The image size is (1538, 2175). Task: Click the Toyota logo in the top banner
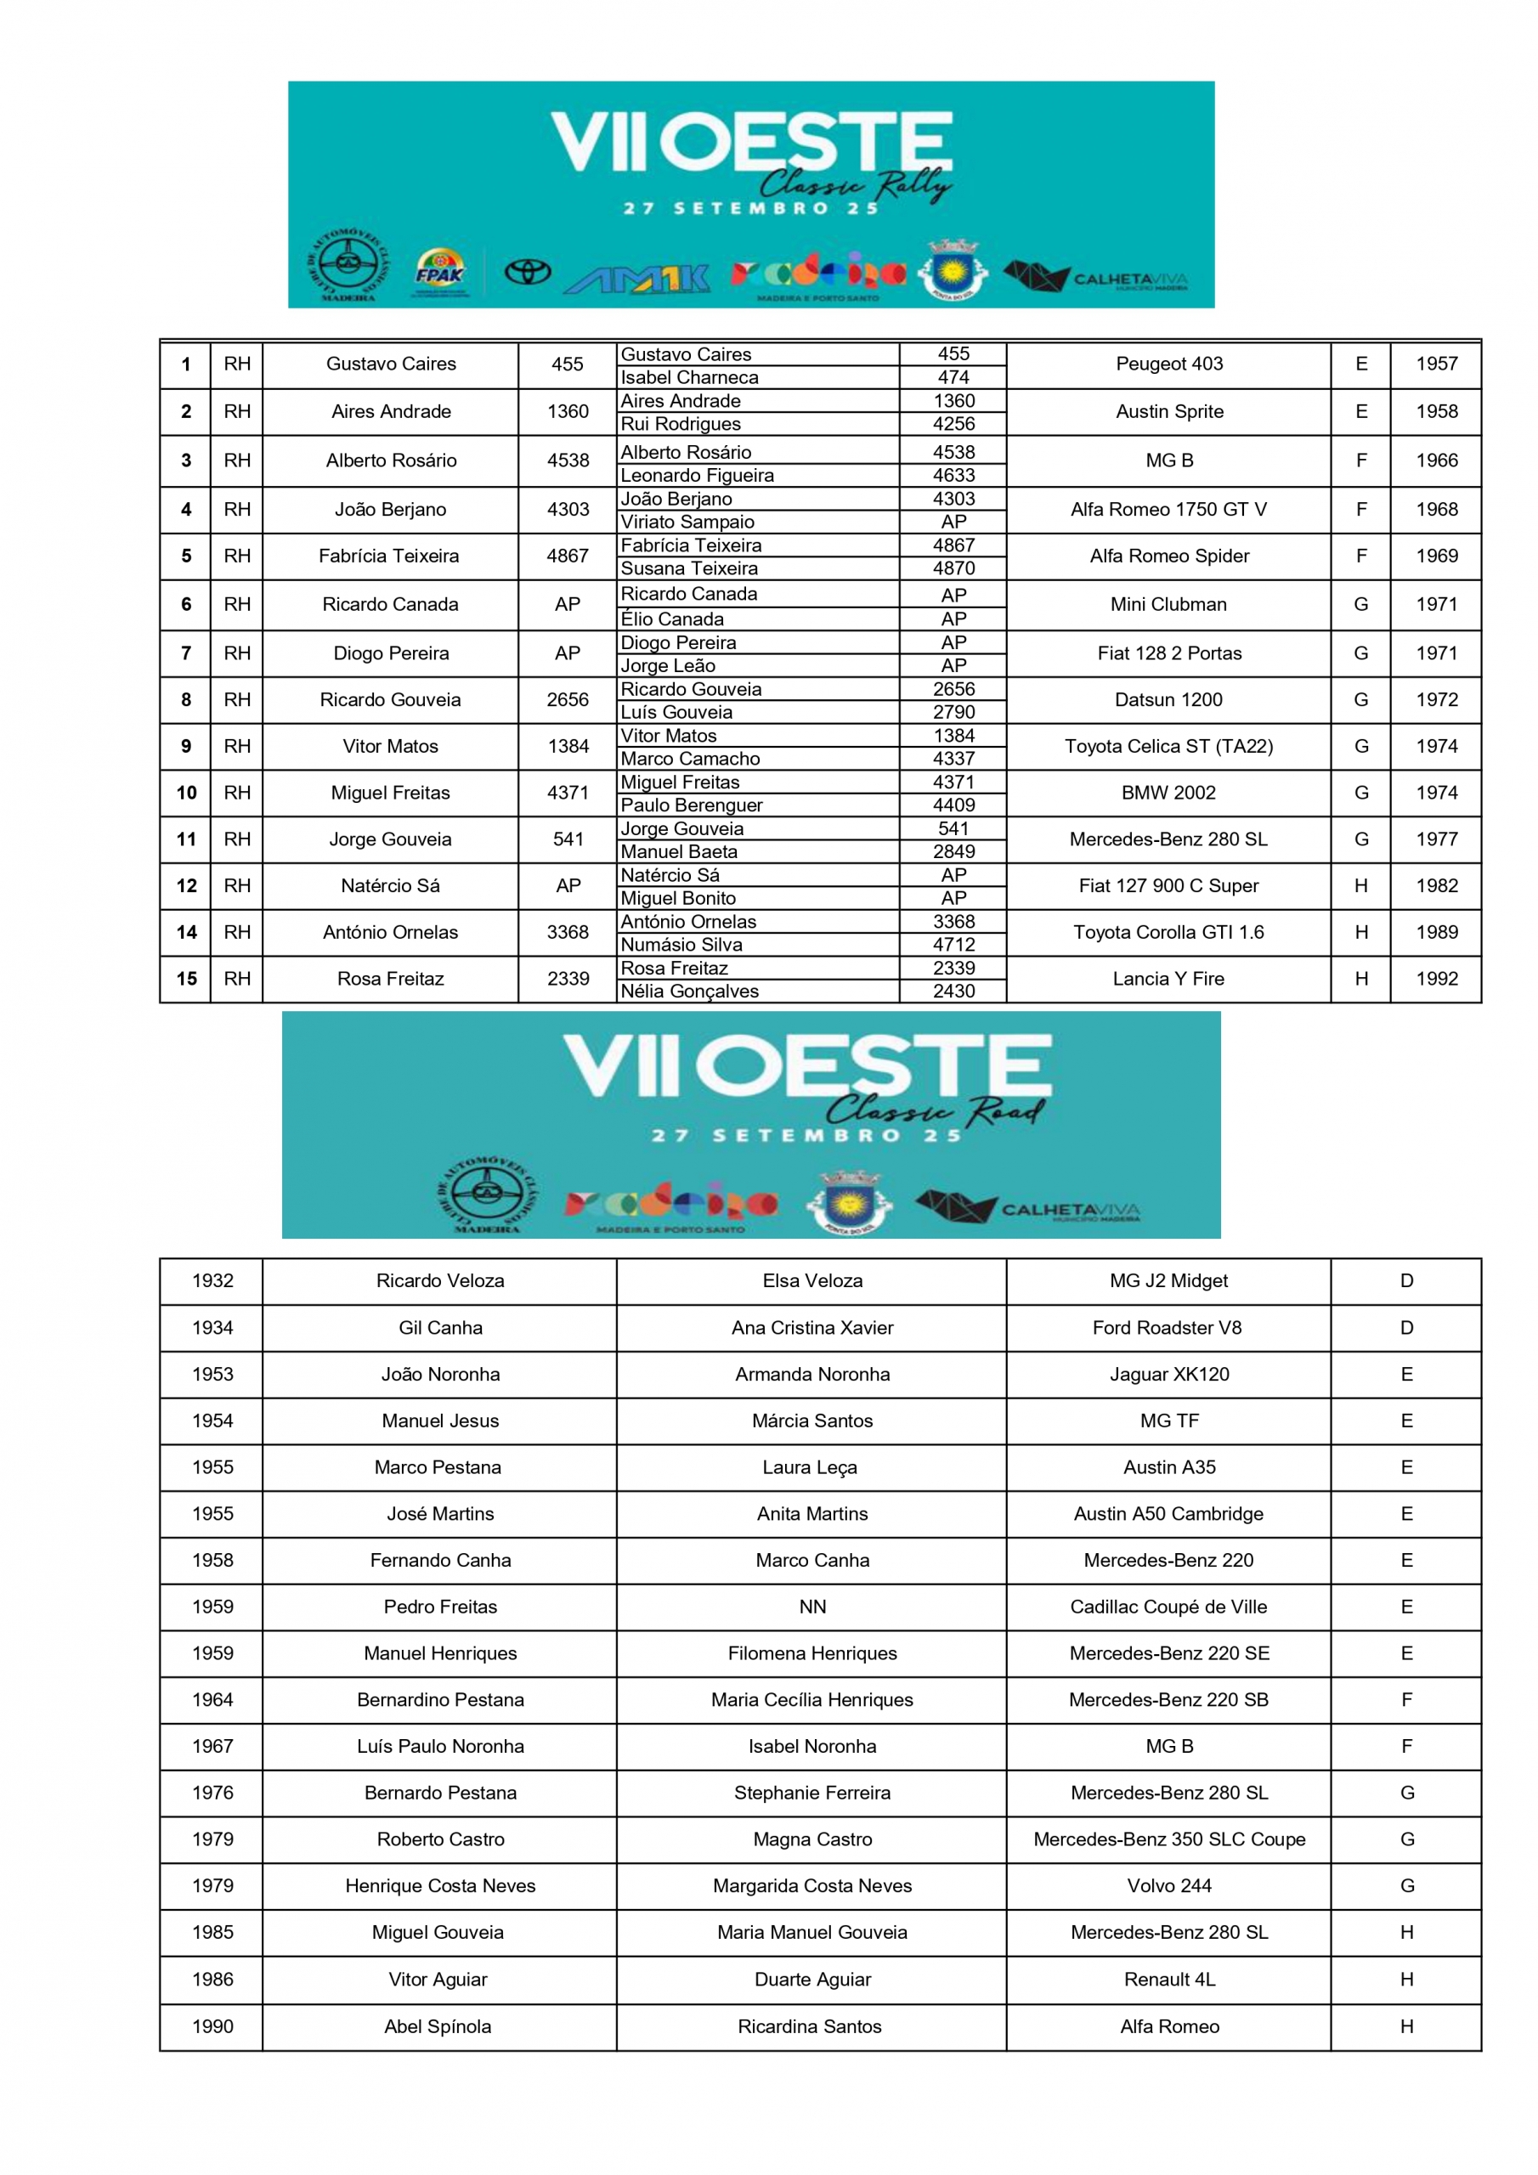coord(527,273)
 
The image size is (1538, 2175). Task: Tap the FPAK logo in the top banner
coord(439,273)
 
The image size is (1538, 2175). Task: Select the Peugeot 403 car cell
coord(1168,364)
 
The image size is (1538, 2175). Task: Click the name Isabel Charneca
coord(689,377)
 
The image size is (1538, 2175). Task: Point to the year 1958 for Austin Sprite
coord(1436,411)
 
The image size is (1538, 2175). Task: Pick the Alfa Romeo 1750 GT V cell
coord(1168,510)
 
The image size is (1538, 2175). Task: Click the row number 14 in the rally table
coord(187,932)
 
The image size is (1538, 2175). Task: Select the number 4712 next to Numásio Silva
coord(953,945)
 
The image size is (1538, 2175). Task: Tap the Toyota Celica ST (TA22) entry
coord(1168,747)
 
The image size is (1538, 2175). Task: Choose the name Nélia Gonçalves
coord(689,991)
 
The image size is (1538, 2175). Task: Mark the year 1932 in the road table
coord(212,1280)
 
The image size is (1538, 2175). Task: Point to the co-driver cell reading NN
coord(812,1607)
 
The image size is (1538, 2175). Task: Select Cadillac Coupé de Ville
coord(1168,1607)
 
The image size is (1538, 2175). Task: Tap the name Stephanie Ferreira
coord(812,1793)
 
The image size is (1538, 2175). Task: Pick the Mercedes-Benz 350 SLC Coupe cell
coord(1168,1839)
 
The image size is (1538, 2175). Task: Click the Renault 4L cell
coord(1168,1979)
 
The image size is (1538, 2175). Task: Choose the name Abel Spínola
coord(438,2026)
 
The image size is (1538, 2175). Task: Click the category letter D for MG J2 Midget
coord(1406,1280)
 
